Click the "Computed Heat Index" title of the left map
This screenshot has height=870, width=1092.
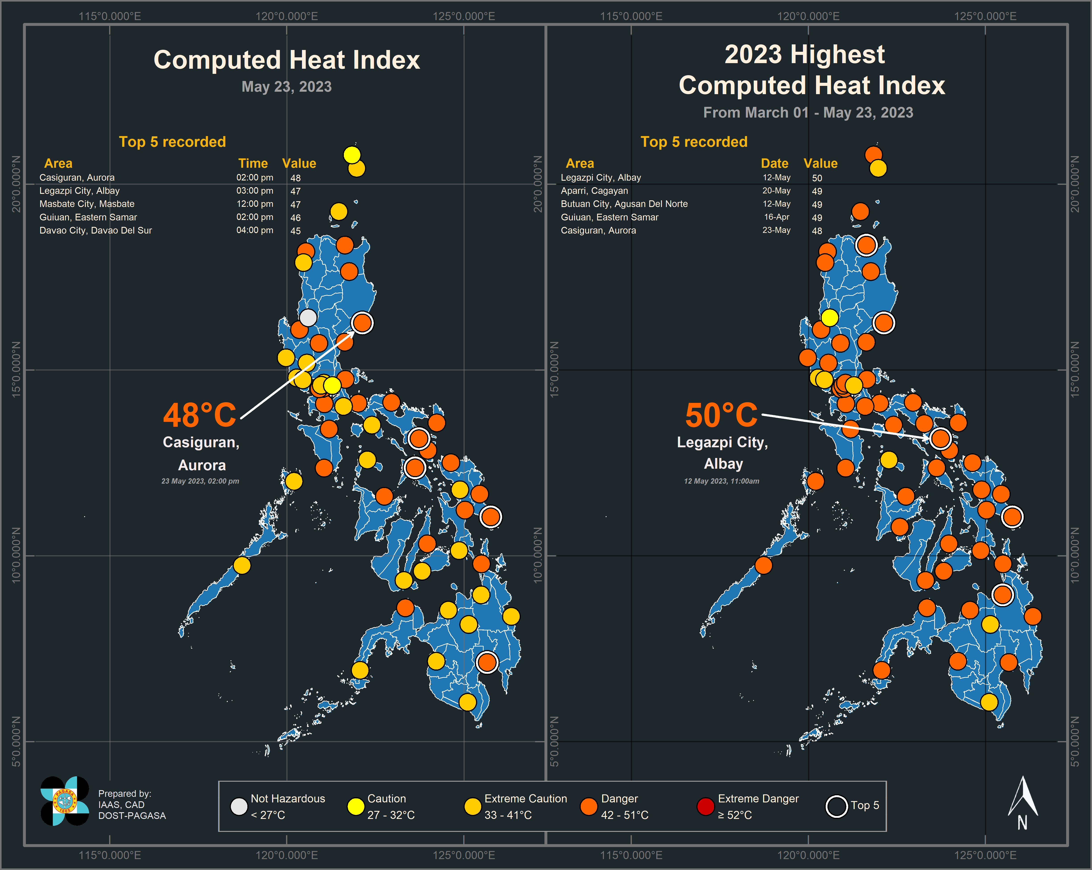(287, 60)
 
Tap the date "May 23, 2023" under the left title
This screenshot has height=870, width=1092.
(287, 87)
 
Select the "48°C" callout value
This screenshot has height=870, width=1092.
(199, 415)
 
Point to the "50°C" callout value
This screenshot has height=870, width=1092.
(721, 415)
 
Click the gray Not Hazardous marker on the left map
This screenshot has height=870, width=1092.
(308, 318)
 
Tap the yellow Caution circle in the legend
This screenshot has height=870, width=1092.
(356, 806)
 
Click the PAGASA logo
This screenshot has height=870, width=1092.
(65, 801)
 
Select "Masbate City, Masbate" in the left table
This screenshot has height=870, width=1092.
(87, 204)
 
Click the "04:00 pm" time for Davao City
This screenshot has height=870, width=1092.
(255, 230)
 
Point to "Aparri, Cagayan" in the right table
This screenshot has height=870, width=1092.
(594, 191)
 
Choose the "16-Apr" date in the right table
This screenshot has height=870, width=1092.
(776, 217)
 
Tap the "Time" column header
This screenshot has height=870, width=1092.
(253, 163)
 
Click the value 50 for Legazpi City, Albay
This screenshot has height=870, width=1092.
(817, 178)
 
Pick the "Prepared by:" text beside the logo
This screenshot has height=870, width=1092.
(125, 793)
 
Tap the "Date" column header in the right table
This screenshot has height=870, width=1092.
(774, 163)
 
